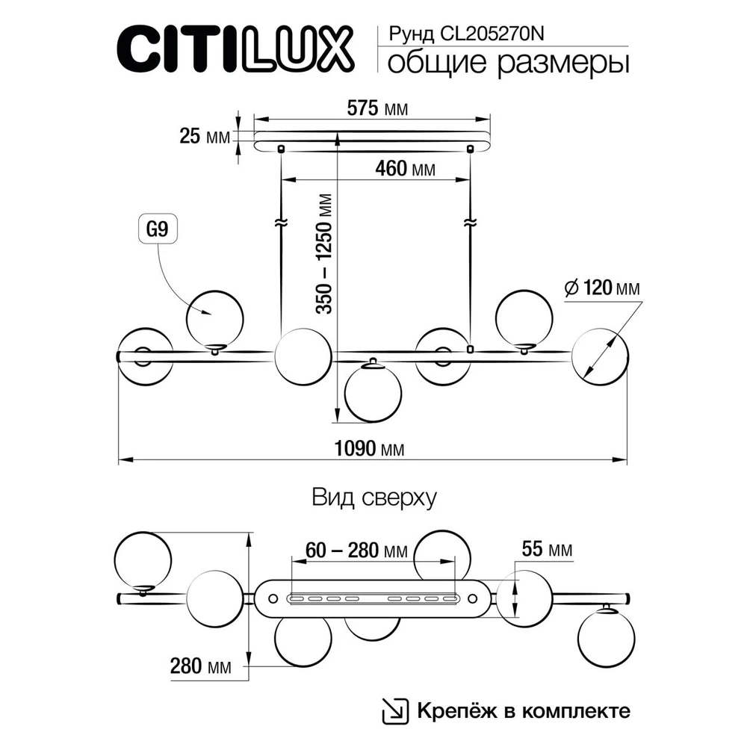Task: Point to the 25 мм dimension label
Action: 204,137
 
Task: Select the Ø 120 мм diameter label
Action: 602,288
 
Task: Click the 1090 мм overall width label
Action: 373,449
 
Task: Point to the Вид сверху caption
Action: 373,498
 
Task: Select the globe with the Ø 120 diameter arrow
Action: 600,357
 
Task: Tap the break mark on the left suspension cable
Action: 282,223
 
